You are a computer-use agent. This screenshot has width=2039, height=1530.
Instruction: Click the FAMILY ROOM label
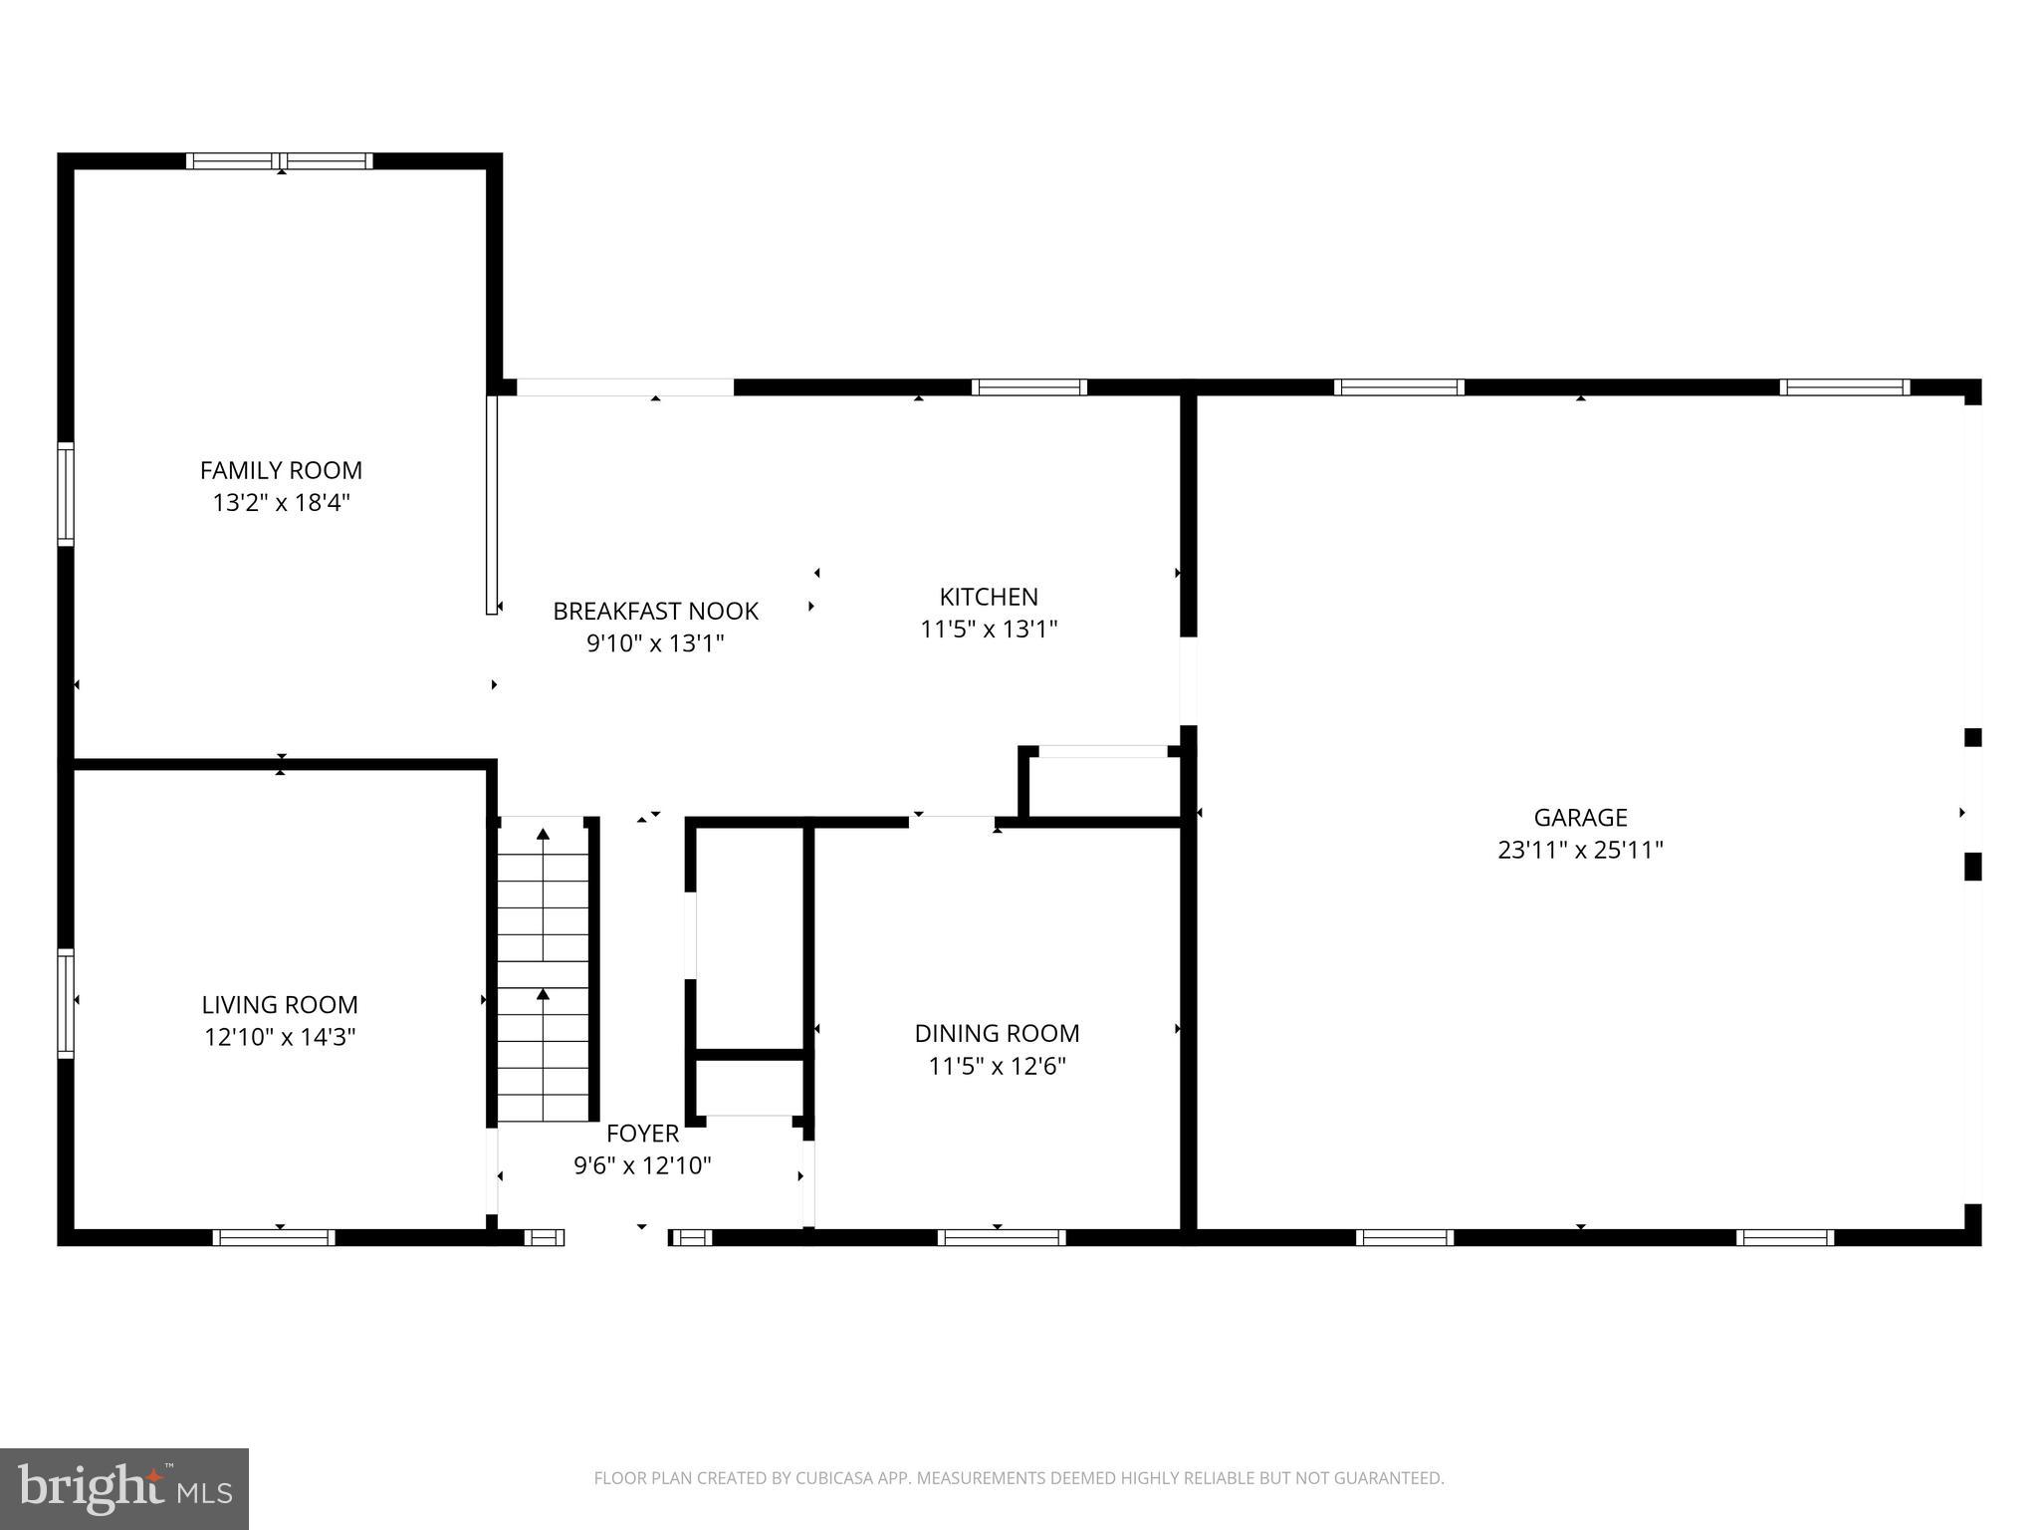click(x=281, y=470)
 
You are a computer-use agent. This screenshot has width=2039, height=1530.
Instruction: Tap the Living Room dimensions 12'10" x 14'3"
click(x=280, y=1037)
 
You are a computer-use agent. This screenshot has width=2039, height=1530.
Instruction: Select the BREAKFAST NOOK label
click(x=655, y=611)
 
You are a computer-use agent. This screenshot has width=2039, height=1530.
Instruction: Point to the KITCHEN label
click(x=989, y=597)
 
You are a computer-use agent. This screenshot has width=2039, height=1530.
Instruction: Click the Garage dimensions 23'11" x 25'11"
click(x=1580, y=850)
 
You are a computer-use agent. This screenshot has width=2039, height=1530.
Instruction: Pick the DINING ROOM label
click(x=997, y=1033)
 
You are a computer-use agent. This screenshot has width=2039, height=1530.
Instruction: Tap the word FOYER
click(x=642, y=1133)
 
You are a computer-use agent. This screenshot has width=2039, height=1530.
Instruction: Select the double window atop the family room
click(x=280, y=161)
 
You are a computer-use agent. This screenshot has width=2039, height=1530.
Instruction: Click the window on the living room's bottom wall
click(x=274, y=1237)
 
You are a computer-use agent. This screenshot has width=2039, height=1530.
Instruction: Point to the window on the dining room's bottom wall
click(x=1002, y=1237)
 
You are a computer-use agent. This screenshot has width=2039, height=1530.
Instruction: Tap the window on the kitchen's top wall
click(x=1028, y=387)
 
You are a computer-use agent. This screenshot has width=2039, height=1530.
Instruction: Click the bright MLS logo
click(x=123, y=1488)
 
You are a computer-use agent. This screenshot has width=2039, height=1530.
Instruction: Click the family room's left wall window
click(x=66, y=494)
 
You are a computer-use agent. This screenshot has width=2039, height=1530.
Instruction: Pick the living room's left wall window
click(x=66, y=1002)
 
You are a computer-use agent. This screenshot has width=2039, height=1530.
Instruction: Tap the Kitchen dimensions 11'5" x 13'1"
click(x=989, y=629)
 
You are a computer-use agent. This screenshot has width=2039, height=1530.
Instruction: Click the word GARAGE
click(x=1580, y=818)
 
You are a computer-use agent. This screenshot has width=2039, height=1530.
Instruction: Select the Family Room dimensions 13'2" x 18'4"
click(x=281, y=502)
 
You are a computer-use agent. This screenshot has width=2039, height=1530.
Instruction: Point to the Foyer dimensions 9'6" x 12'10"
click(x=642, y=1164)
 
